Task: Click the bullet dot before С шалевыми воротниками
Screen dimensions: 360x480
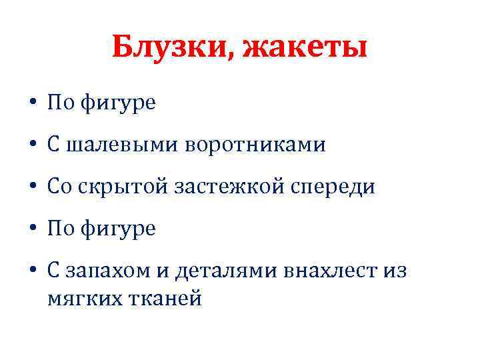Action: [x=32, y=146]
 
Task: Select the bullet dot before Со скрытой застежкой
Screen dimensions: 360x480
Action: [x=32, y=188]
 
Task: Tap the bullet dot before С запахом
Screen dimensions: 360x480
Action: [x=32, y=272]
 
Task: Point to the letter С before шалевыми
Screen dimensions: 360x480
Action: [x=54, y=145]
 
